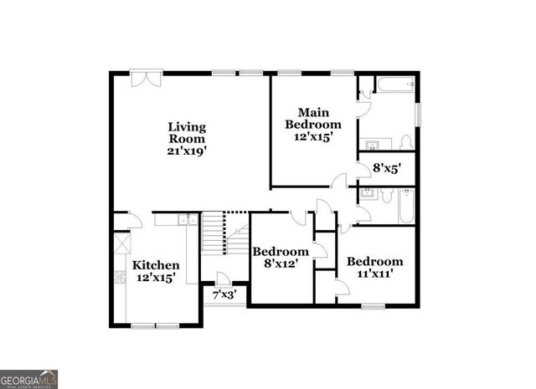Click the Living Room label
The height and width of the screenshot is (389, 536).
coord(187,133)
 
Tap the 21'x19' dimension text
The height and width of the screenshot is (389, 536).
coord(187,151)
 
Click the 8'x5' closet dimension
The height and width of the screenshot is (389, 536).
coord(387,168)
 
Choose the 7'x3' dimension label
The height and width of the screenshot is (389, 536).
coord(224,294)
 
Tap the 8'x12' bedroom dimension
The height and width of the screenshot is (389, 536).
coord(282,264)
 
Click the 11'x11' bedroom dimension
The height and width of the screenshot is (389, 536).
coord(375,273)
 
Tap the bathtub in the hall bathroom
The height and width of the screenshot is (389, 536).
coord(405,207)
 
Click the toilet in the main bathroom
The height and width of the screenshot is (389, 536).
coord(405,141)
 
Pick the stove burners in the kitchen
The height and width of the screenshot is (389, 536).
coord(121,277)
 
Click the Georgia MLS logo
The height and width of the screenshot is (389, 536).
coord(29,378)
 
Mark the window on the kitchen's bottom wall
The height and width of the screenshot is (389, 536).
coord(156,324)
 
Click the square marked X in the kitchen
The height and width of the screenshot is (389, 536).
coord(122,243)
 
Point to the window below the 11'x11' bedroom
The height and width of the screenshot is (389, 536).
coord(374,306)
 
